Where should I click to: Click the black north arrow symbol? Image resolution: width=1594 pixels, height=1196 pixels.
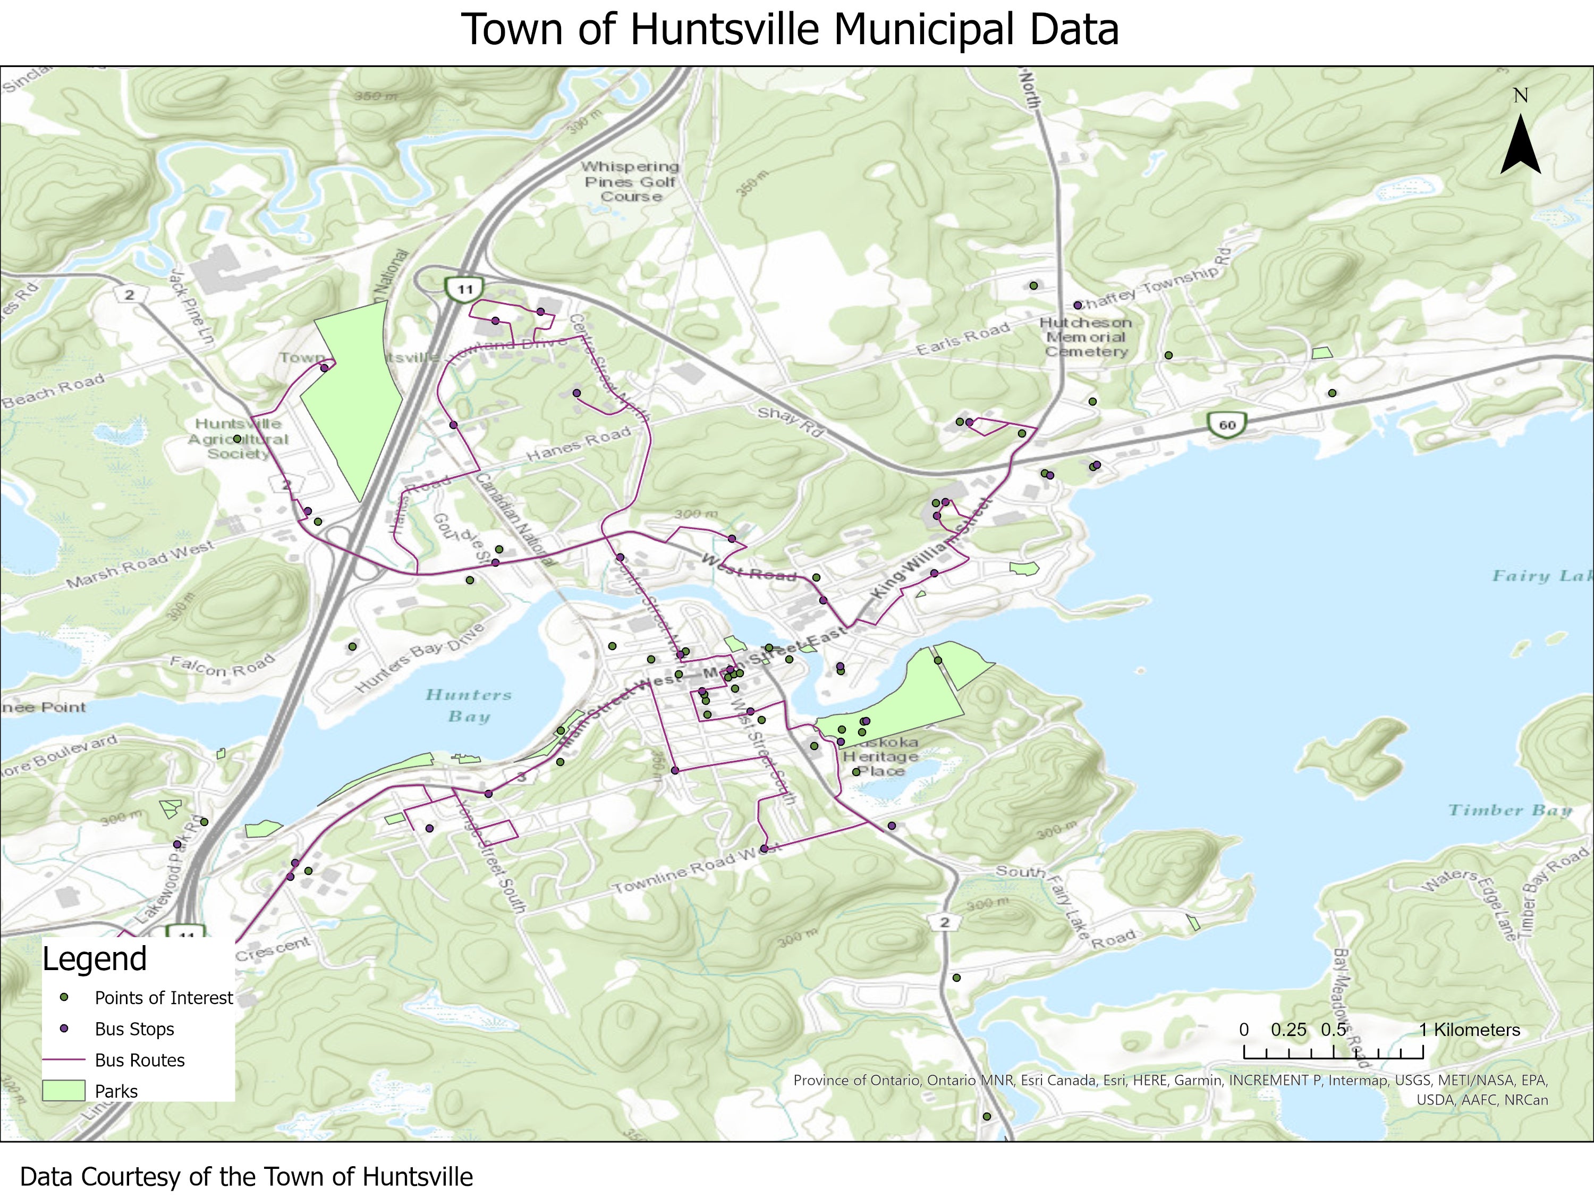pos(1521,147)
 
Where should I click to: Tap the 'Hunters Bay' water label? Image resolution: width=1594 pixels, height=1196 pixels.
pos(469,705)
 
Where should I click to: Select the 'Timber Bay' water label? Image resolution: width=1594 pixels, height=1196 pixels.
pos(1510,810)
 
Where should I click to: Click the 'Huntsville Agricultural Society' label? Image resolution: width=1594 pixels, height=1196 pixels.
pos(239,439)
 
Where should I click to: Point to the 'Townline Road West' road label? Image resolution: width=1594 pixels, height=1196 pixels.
pos(696,871)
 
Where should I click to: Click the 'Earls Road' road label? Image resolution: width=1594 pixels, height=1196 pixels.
pos(962,339)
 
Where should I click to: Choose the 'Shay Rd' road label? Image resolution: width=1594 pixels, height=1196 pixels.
pos(790,422)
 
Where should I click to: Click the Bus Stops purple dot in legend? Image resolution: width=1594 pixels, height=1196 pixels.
pos(64,1029)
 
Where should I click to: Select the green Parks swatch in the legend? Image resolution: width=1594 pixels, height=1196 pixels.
pos(64,1091)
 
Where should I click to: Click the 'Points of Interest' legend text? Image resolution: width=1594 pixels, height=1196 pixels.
pos(164,998)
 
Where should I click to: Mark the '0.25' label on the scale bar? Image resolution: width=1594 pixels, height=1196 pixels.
pos(1288,1030)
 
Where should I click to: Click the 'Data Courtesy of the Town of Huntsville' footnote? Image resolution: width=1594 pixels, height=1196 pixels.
pos(247,1176)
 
